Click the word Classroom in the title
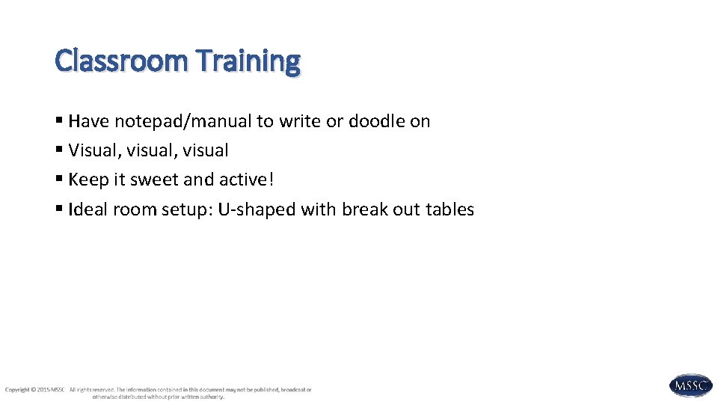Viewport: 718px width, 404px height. coord(122,61)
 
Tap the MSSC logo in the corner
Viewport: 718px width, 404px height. coord(690,385)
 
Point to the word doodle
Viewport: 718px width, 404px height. coord(377,121)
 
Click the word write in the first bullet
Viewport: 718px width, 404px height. coord(298,121)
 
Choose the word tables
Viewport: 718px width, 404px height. coord(449,209)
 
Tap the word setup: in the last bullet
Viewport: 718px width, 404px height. coord(187,209)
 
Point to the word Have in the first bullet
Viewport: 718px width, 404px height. coord(89,121)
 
